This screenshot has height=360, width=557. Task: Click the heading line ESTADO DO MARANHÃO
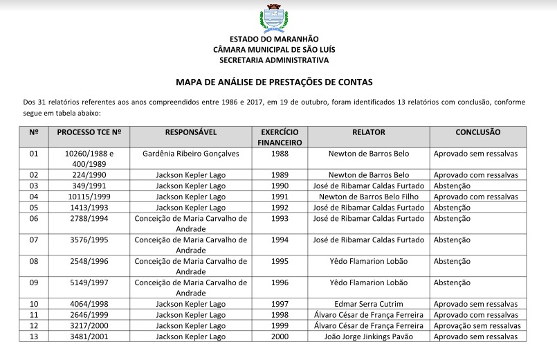(274, 39)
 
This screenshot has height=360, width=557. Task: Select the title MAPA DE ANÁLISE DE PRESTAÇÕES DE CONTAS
(274, 82)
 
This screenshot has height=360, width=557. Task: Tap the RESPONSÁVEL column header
(191, 132)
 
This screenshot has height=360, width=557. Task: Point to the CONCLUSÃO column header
(477, 132)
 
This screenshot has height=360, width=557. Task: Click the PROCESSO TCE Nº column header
(89, 132)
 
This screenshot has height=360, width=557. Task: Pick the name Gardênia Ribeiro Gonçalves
(191, 154)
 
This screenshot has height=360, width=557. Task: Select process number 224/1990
(89, 175)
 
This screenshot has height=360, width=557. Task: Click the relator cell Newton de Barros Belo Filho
(369, 197)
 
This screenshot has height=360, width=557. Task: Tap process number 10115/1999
(89, 197)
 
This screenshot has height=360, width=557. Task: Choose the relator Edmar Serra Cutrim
(369, 304)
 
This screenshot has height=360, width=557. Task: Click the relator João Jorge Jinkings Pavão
(369, 336)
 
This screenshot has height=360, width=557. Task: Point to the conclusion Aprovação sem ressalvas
(477, 325)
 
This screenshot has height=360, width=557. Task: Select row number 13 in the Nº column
(34, 336)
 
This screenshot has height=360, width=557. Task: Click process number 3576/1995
(89, 240)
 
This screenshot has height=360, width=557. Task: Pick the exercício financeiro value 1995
(280, 261)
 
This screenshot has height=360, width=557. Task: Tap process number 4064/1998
(89, 304)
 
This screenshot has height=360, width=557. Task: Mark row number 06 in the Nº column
(34, 218)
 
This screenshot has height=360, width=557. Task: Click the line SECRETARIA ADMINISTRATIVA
(274, 60)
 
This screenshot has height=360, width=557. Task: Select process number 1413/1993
(89, 207)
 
